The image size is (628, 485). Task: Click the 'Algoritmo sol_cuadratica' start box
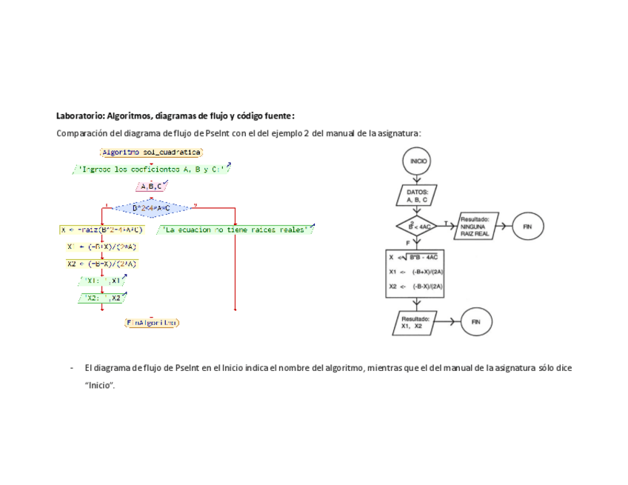pos(151,152)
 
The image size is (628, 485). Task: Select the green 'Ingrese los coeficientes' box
pos(152,169)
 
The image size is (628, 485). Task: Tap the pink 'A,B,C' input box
pos(150,187)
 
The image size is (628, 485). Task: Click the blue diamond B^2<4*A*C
pos(151,209)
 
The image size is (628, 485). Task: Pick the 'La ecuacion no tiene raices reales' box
pos(235,230)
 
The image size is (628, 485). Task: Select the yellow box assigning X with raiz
pos(101,230)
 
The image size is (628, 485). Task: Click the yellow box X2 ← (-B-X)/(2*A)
pos(101,264)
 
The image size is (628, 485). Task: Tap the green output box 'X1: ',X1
pos(101,281)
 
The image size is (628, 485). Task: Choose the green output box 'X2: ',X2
pos(101,298)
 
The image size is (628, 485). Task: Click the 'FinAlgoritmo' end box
pos(152,323)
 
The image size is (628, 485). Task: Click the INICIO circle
pos(417,161)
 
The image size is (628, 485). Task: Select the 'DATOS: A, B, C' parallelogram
pos(417,195)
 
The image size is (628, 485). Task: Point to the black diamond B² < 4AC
pos(417,226)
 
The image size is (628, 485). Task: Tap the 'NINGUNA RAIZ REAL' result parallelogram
pos(475,226)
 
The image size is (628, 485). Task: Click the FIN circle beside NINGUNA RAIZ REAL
pos(527,226)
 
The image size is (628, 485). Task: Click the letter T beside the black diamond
pos(446,222)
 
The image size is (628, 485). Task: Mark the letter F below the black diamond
pos(407,243)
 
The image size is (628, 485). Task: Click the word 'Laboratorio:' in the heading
pos(80,116)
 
